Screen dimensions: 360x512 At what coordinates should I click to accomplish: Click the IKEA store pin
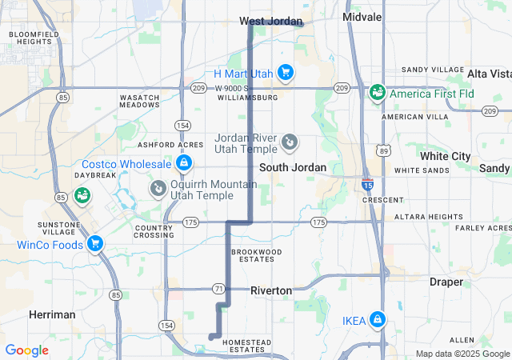point(378,321)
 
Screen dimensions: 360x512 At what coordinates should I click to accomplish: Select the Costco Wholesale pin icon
point(184,164)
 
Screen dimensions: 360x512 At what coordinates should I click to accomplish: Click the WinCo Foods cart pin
point(95,243)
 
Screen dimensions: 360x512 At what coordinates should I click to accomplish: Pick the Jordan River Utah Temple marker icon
point(290,143)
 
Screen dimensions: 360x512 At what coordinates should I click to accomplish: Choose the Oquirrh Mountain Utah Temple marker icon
point(158,187)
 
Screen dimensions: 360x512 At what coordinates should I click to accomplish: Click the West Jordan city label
point(271,21)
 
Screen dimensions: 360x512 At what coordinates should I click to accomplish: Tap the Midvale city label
point(362,16)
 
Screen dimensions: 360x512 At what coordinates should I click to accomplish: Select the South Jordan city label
point(293,167)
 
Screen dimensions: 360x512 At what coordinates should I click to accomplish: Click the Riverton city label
point(271,290)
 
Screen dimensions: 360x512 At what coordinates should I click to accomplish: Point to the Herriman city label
point(52,314)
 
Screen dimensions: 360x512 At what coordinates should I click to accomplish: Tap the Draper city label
point(446,282)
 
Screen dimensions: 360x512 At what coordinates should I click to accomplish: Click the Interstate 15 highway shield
point(367,183)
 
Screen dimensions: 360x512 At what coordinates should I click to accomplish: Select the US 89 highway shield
point(385,150)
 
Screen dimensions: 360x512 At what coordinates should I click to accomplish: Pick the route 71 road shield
point(218,288)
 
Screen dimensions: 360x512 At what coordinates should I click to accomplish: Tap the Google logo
point(26,350)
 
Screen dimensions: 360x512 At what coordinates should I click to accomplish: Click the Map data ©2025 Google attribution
point(462,354)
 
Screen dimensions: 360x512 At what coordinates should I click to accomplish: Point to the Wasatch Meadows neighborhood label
point(140,101)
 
